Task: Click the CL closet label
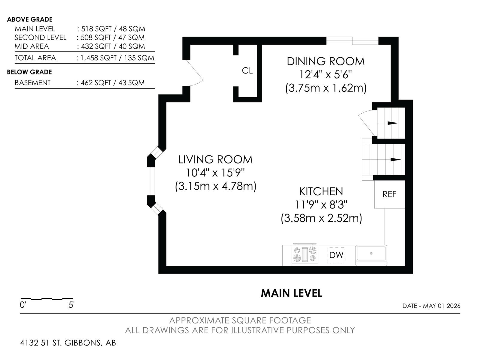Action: [247, 70]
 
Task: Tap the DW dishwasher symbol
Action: [336, 255]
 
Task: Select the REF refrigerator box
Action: [389, 194]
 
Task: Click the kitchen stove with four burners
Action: [305, 254]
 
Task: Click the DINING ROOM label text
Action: [325, 61]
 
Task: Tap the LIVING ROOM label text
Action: [215, 160]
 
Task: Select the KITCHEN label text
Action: [321, 192]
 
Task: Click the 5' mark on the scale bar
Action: [71, 305]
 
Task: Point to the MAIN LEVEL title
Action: [292, 293]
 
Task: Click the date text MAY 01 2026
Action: [442, 306]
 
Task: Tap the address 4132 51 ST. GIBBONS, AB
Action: [68, 343]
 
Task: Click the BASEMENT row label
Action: [33, 82]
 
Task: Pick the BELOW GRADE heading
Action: [29, 72]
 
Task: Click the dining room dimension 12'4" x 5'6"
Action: [325, 75]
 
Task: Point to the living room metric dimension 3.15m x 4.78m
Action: [216, 186]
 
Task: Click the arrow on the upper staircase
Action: [392, 123]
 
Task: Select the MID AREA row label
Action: [32, 46]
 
